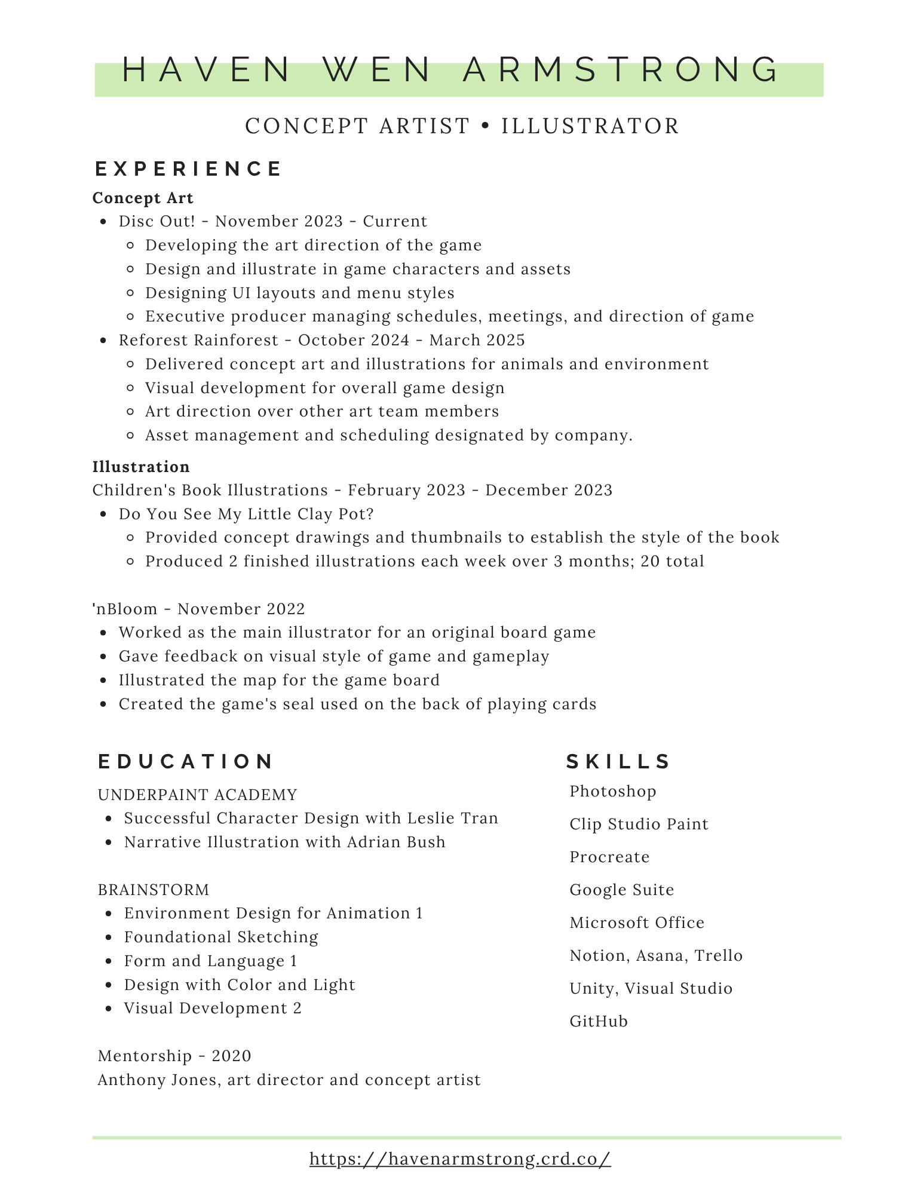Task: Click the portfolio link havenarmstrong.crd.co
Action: [460, 1159]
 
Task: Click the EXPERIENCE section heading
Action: [188, 168]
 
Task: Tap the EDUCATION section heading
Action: [185, 761]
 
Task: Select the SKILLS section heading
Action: [618, 761]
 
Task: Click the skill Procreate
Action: [609, 857]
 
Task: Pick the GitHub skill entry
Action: [599, 1021]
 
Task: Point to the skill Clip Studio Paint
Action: [639, 824]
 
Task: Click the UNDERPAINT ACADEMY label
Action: [197, 795]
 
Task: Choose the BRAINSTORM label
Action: [154, 890]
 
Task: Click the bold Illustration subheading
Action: [141, 467]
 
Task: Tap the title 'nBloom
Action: [125, 609]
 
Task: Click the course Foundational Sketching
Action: [221, 937]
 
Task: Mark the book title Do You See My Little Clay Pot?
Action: [246, 514]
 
